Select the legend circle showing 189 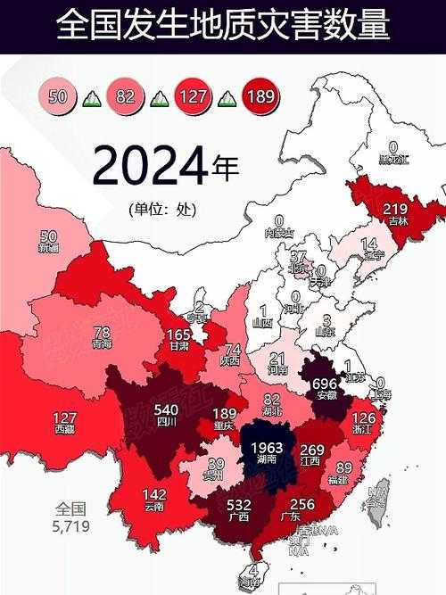(x=260, y=95)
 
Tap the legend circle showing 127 (x=193, y=95)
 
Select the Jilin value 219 (x=395, y=209)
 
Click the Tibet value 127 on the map (x=64, y=417)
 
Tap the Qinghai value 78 (x=102, y=332)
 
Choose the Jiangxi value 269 (x=310, y=450)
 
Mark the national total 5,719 (x=71, y=526)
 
